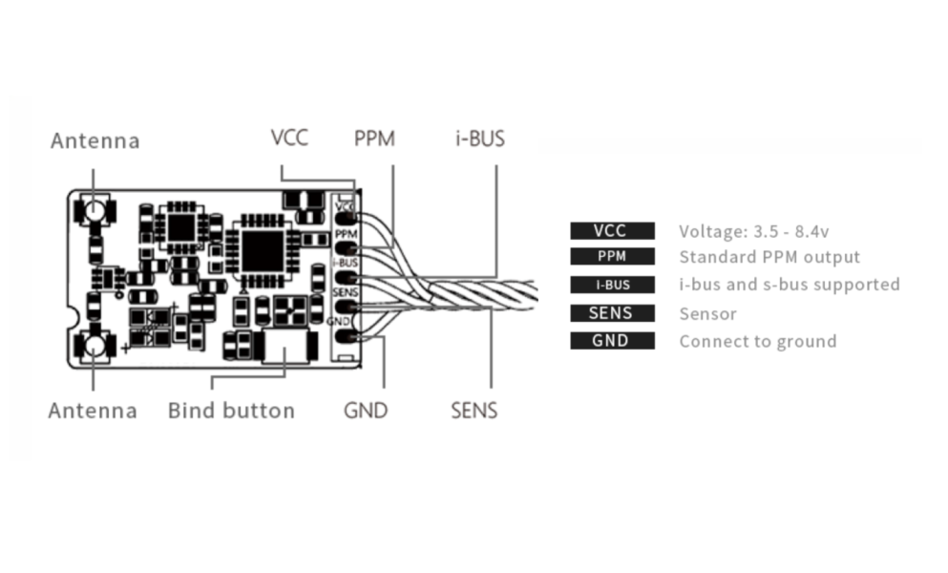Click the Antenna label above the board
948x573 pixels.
coord(95,141)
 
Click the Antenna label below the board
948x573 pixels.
coord(94,411)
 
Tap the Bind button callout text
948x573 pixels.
coord(232,411)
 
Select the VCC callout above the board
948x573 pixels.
coord(289,138)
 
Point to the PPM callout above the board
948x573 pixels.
coord(374,138)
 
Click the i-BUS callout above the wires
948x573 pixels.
coord(480,138)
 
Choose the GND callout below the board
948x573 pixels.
coord(366,411)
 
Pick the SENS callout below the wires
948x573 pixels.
coord(474,411)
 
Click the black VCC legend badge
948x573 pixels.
coord(613,230)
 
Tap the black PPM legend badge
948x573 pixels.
coord(613,257)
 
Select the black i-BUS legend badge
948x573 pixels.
coord(613,285)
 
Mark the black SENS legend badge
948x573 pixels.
coord(613,313)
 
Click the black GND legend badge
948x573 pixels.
coord(613,341)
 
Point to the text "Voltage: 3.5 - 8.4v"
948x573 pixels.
coord(754,232)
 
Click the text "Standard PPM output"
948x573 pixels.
coord(769,257)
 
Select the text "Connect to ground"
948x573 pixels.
coord(758,342)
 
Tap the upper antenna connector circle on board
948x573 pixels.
coord(95,210)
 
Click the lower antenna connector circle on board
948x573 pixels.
coord(95,346)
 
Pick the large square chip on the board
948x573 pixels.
coord(263,250)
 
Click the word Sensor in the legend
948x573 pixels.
coord(708,314)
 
